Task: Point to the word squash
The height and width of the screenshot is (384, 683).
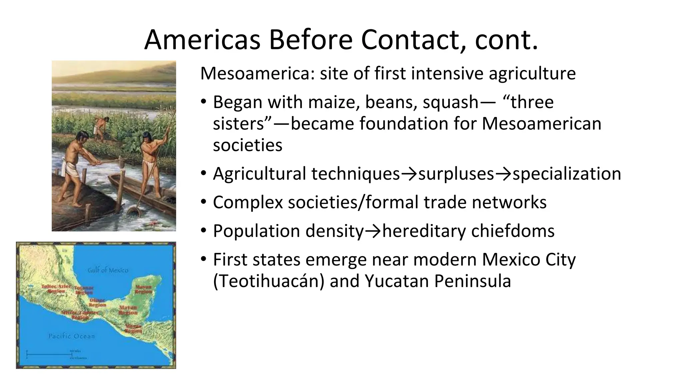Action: click(451, 102)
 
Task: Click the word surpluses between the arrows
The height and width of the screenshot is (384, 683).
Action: click(456, 174)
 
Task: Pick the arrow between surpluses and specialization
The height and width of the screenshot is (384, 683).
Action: click(503, 174)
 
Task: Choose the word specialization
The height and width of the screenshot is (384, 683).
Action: click(567, 174)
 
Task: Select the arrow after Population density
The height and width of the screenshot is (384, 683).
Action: click(373, 231)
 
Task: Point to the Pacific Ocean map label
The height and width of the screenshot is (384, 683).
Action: click(71, 336)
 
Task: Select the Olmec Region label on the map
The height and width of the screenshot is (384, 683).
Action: click(97, 303)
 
